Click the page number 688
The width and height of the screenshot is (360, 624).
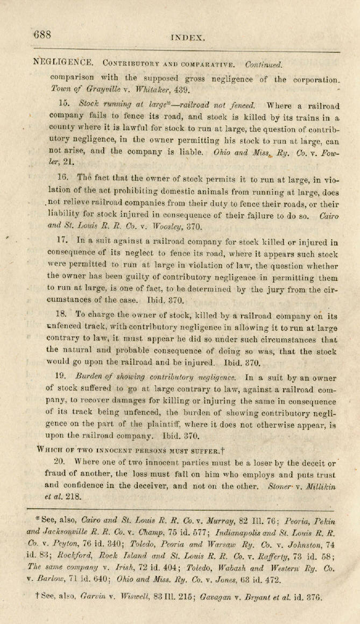[x=42, y=35]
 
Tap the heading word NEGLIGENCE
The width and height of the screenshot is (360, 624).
[x=63, y=63]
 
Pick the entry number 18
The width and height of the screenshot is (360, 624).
[x=62, y=315]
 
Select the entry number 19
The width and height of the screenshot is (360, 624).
[x=62, y=379]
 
